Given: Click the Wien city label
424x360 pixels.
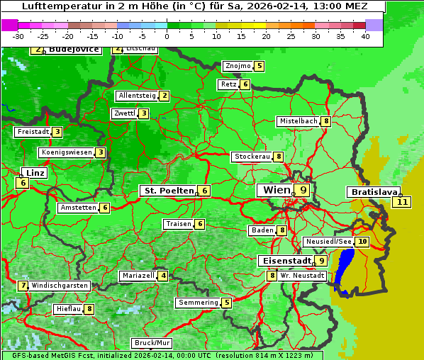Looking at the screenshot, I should click(276, 190).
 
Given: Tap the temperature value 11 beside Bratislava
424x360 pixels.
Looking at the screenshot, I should click(403, 202).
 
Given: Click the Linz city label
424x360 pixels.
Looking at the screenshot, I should click(33, 173).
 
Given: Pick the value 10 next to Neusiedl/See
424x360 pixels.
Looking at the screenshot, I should click(362, 242).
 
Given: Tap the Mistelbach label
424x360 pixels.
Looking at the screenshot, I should click(298, 121).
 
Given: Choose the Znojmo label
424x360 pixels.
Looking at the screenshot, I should click(238, 66).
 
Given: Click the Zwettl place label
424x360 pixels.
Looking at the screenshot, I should click(124, 113).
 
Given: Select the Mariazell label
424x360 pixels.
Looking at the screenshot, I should click(138, 275).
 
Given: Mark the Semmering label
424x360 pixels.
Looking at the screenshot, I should click(199, 303).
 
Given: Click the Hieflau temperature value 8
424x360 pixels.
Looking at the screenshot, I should click(89, 309).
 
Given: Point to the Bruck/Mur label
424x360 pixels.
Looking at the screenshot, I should click(152, 343).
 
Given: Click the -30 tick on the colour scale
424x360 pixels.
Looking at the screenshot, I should click(18, 35).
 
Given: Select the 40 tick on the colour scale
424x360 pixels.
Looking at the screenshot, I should click(365, 35).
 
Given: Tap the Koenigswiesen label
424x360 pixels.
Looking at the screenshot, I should click(67, 152).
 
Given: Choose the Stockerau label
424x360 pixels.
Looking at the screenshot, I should click(252, 157).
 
